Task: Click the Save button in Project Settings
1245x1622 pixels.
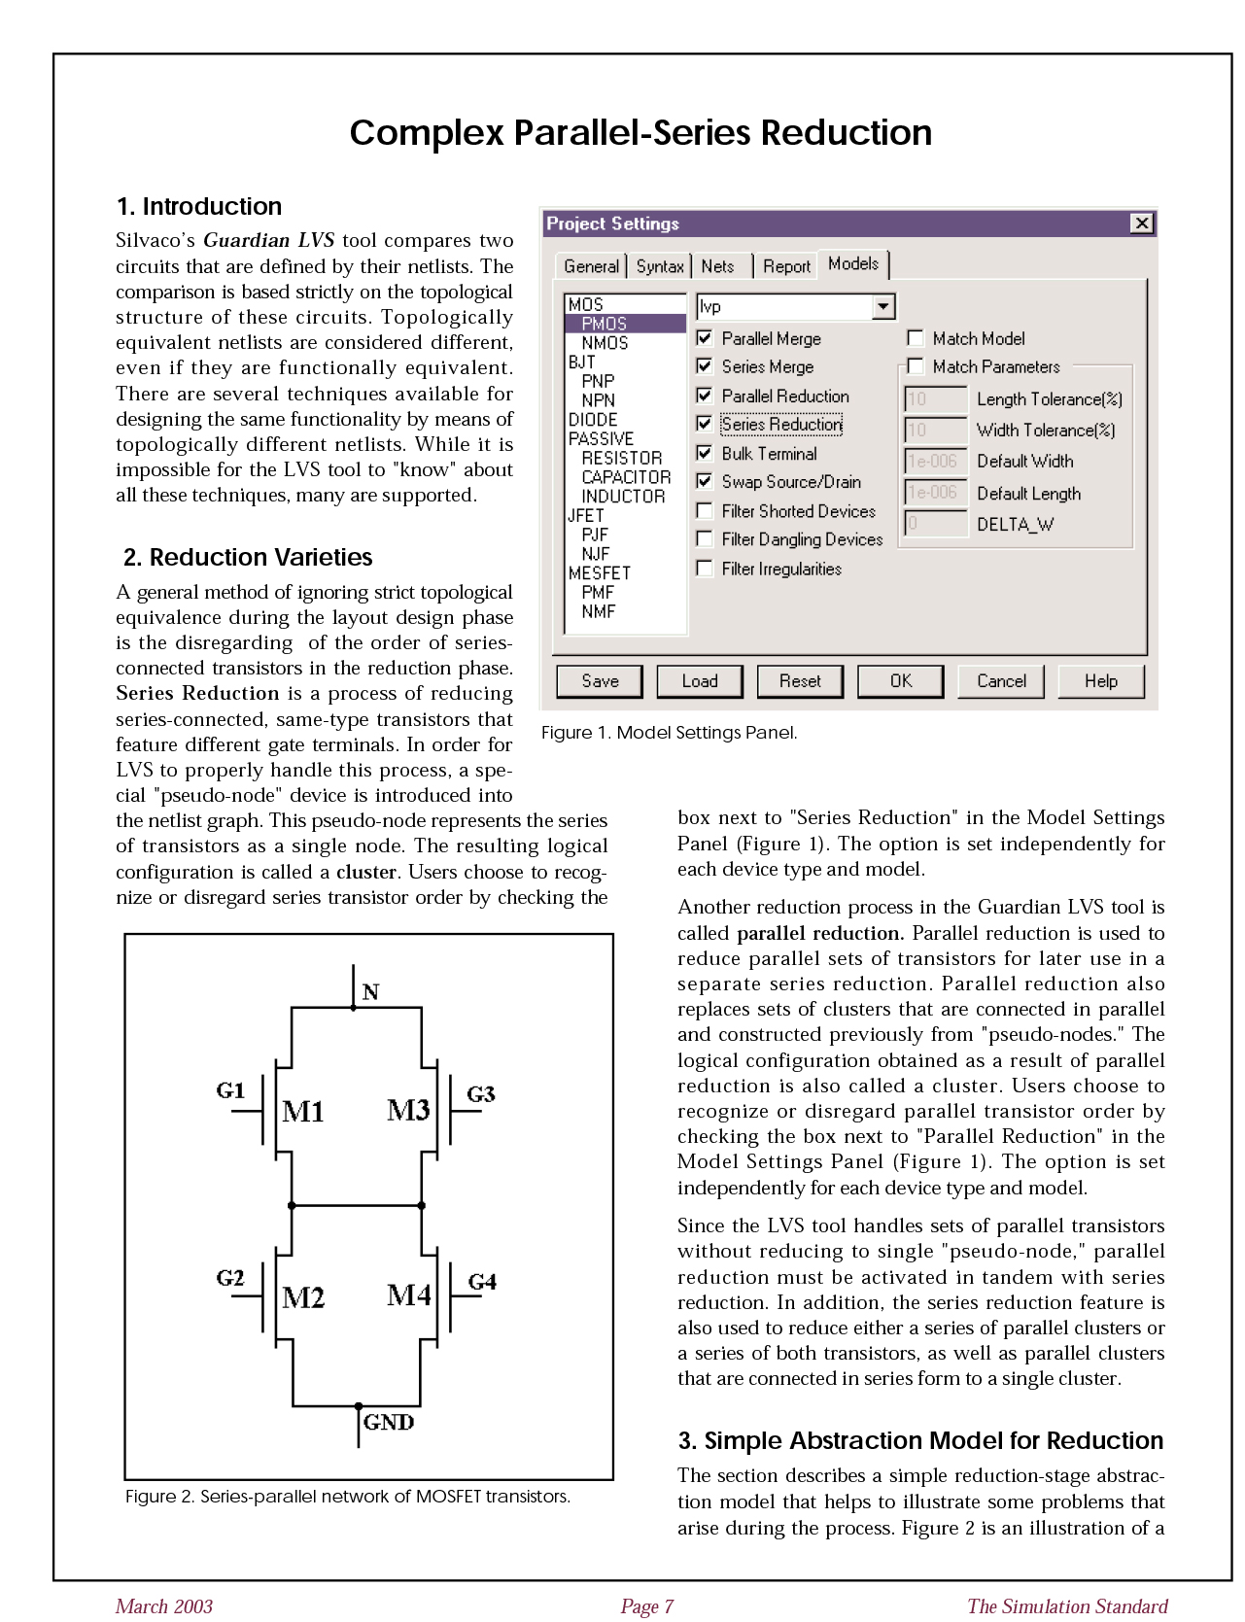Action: point(600,681)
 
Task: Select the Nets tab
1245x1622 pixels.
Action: point(718,266)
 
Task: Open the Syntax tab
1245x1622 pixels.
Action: point(660,266)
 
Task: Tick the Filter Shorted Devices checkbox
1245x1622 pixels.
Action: point(706,511)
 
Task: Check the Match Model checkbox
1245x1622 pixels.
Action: point(915,338)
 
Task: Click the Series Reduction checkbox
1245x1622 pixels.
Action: point(706,425)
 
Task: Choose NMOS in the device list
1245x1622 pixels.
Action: point(605,343)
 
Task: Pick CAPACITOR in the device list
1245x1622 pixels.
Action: point(626,477)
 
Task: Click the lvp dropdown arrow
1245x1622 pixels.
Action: point(882,307)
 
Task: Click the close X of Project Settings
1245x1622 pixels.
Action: point(1142,224)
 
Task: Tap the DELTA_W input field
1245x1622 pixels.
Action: point(935,525)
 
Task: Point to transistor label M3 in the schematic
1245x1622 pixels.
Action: point(408,1110)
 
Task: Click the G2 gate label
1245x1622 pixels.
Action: point(230,1278)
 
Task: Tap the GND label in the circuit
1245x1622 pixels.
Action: point(389,1422)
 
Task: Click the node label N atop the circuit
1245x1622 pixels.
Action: point(370,992)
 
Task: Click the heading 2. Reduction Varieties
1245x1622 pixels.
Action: point(248,557)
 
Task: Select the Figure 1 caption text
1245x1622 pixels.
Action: point(669,733)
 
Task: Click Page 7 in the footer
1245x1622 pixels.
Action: point(647,1606)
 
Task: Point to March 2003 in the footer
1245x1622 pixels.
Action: point(164,1606)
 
